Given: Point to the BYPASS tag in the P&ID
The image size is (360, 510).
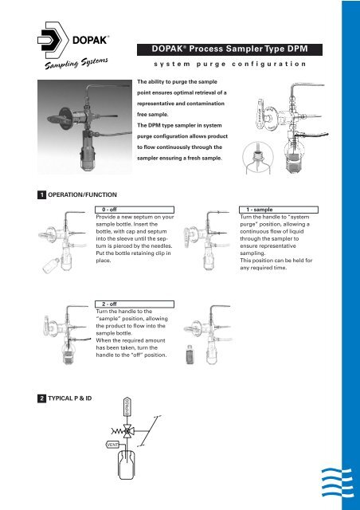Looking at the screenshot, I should [x=125, y=409].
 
